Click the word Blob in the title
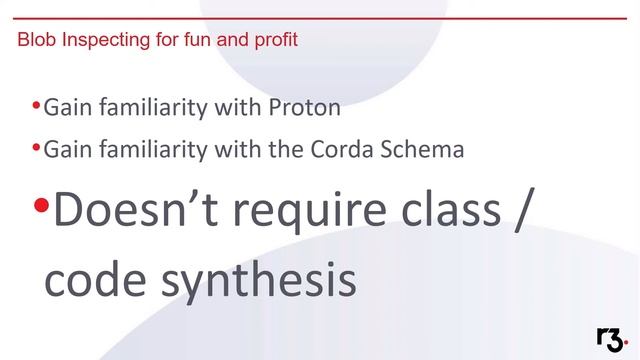[x=36, y=41]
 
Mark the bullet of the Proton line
[x=36, y=104]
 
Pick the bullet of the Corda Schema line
[x=36, y=148]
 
